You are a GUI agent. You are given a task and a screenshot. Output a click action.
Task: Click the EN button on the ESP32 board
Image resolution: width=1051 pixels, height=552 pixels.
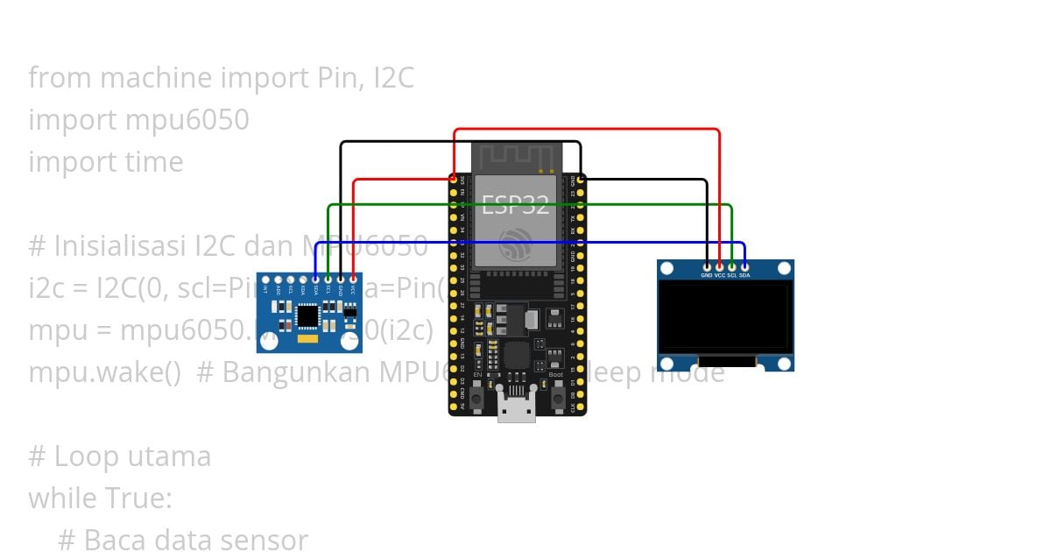pos(477,398)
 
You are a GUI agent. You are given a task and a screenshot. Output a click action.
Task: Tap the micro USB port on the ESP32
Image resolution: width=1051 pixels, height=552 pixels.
pos(517,407)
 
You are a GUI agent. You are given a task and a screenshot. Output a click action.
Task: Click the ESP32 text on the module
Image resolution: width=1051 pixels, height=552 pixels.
pos(516,206)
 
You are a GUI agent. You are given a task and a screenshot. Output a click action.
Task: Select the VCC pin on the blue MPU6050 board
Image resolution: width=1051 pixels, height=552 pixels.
pos(353,280)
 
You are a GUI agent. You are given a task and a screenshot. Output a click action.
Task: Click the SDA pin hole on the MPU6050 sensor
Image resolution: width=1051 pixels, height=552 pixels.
pos(315,280)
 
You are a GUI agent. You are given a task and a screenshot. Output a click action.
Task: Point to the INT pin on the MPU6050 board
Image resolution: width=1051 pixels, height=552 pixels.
pos(265,280)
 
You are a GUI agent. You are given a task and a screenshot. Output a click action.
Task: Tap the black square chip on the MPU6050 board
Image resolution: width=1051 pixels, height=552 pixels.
pos(307,314)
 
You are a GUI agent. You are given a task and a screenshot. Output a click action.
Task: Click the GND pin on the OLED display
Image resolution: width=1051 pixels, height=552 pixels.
pos(707,266)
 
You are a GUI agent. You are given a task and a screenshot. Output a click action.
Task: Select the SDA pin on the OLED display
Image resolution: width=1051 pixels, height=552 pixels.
pos(744,266)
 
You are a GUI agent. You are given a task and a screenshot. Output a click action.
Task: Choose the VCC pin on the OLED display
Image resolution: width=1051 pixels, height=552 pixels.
pos(720,266)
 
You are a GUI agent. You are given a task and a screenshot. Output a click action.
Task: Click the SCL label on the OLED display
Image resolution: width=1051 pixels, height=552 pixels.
pos(732,275)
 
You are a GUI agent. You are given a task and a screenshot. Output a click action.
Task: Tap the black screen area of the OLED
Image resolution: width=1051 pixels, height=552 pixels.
pos(725,317)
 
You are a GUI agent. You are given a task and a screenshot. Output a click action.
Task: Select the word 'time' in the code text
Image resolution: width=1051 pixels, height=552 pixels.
pos(154,161)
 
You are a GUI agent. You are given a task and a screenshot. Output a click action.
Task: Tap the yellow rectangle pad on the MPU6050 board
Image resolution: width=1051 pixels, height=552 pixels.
pos(307,338)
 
